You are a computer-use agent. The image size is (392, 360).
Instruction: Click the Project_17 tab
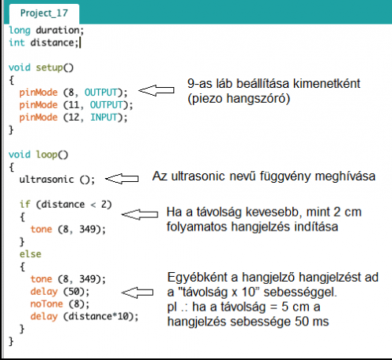click(44, 13)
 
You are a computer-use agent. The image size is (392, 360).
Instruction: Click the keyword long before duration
click(20, 31)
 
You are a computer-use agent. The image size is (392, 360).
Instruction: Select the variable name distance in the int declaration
click(53, 42)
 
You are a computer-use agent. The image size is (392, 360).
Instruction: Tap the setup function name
click(49, 68)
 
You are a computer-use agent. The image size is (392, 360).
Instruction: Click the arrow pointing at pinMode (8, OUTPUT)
click(156, 90)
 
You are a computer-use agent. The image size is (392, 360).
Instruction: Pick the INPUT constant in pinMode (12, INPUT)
click(103, 118)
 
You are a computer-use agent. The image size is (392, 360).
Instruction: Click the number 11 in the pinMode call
click(74, 105)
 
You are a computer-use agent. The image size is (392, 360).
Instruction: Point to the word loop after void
click(46, 155)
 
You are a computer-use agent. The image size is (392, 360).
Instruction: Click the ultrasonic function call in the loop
click(46, 180)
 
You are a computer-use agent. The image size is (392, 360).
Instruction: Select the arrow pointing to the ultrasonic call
click(122, 179)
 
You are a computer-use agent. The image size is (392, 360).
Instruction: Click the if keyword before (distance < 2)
click(25, 204)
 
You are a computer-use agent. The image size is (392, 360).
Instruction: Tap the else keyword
click(31, 254)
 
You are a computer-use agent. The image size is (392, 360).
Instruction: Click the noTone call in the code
click(46, 304)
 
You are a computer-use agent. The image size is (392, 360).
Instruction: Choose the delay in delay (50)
click(44, 292)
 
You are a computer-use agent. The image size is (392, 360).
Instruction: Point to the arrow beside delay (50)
click(137, 293)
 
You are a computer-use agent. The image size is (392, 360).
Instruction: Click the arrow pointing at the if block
click(140, 214)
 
